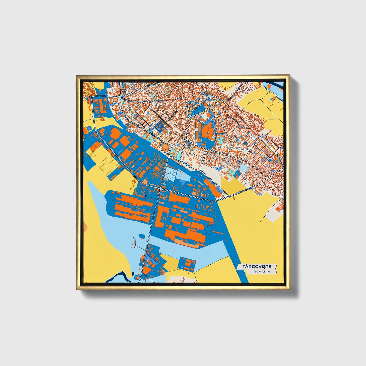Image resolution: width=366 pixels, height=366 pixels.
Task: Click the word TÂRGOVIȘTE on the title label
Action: [x=257, y=266]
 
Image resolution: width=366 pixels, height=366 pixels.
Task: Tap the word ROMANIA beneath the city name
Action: [x=262, y=271]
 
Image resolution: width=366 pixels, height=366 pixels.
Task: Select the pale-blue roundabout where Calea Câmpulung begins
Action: [x=120, y=97]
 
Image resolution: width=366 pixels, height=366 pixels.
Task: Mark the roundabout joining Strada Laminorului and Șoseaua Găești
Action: [x=161, y=188]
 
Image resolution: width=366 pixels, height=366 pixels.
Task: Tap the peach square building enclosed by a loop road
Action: [x=165, y=146]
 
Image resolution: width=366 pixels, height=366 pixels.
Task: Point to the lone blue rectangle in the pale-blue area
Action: [x=142, y=236]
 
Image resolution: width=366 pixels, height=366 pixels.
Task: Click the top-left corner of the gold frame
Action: [x=77, y=76]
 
